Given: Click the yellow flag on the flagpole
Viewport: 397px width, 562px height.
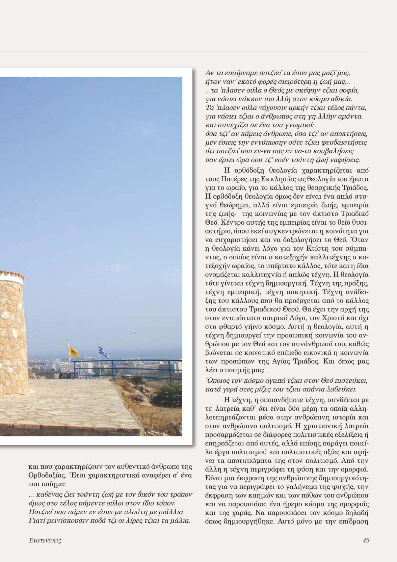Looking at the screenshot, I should (x=74, y=351).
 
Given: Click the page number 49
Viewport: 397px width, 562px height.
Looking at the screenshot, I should (x=366, y=540).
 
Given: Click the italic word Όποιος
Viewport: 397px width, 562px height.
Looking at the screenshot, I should (x=217, y=381).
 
